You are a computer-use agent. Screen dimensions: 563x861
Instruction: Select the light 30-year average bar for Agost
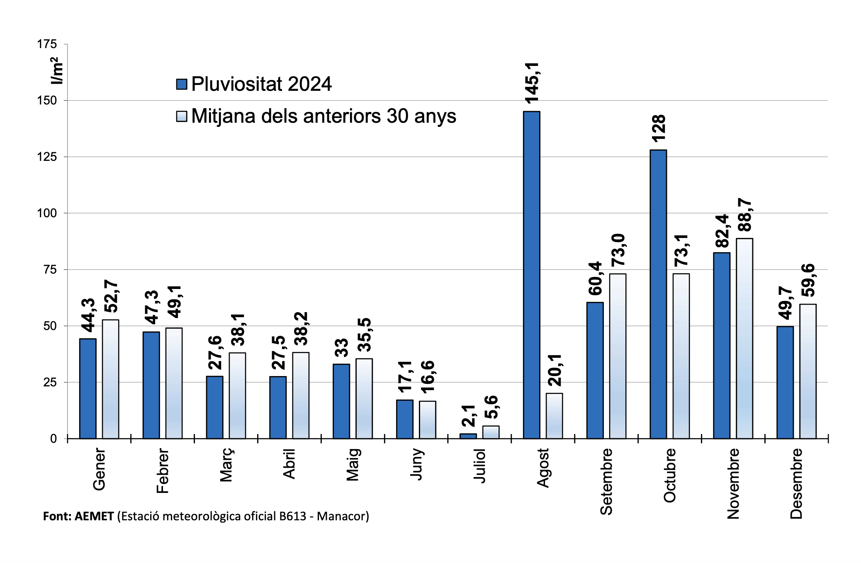554,416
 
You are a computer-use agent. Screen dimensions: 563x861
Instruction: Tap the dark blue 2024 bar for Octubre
658,294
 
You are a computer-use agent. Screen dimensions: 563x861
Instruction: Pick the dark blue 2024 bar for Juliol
468,436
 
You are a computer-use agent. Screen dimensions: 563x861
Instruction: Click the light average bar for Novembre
744,338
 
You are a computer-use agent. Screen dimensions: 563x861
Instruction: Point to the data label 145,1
532,83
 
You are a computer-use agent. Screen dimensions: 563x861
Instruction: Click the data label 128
659,129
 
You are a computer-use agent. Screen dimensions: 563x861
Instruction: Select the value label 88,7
745,215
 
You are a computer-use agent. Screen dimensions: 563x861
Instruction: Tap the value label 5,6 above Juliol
491,407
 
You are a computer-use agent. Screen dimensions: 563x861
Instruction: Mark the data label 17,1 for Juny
405,376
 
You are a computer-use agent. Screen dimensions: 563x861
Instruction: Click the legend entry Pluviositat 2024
261,84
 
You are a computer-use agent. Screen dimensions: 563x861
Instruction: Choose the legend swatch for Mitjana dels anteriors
182,116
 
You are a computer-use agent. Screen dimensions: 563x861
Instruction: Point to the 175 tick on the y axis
47,44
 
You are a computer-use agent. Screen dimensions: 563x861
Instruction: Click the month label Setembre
606,481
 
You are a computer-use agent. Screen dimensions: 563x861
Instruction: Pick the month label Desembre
796,483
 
